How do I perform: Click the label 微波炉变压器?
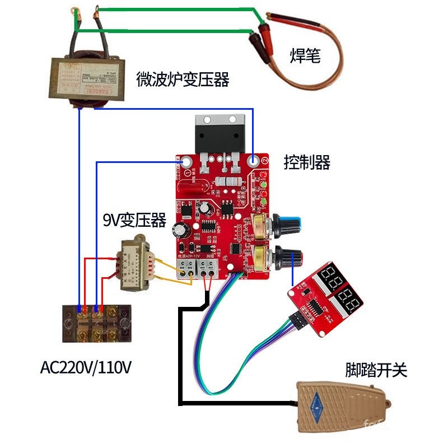point(183,80)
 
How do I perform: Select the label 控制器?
point(307,163)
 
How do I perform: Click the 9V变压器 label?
point(135,220)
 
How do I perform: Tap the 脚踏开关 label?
point(376,370)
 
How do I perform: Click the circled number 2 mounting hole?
point(254,161)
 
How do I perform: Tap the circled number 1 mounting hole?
point(187,162)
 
